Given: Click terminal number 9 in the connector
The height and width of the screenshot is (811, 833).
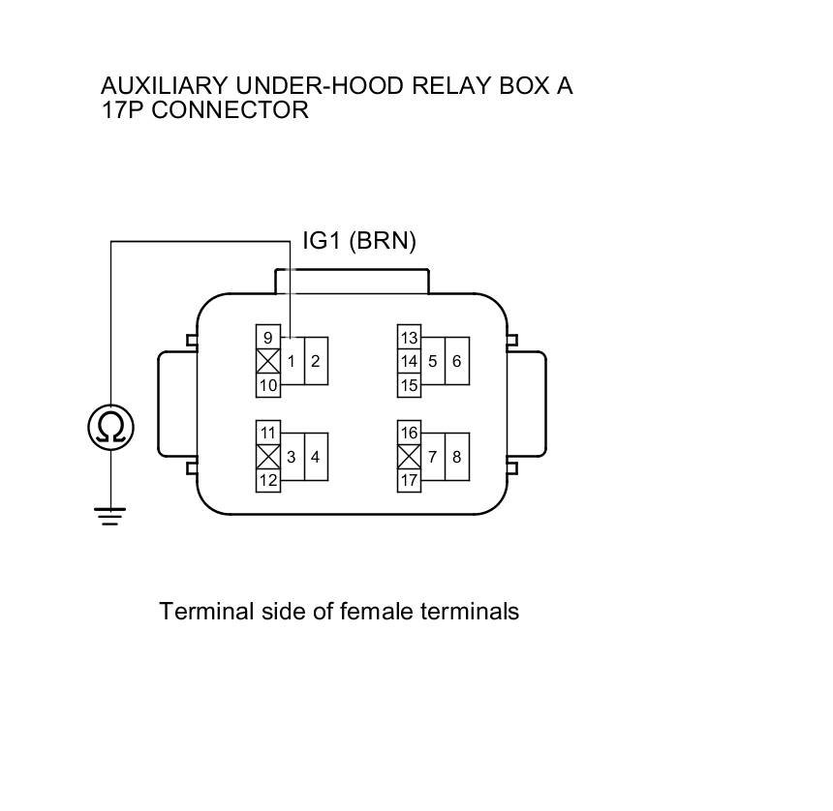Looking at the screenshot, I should [x=267, y=338].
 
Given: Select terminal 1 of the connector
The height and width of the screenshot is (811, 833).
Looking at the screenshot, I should [x=292, y=362].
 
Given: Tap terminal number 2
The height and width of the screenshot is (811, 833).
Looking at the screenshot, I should [x=316, y=362].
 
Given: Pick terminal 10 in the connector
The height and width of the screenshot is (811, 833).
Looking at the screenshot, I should [x=268, y=385].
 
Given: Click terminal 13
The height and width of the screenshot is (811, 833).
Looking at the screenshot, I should [x=409, y=338].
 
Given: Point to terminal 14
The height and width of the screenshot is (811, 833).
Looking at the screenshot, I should [x=409, y=362].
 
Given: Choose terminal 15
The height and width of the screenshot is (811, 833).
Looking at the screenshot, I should [x=409, y=385].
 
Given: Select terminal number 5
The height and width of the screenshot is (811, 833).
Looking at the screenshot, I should [x=433, y=362].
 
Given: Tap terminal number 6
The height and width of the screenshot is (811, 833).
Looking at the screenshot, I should [x=457, y=362].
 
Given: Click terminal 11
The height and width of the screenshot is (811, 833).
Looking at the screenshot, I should [x=268, y=433].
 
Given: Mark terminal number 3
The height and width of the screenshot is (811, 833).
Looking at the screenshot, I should [x=292, y=457].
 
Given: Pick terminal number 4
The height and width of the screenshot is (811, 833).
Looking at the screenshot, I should [x=316, y=457].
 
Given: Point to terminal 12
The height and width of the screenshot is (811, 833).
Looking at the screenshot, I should [x=268, y=480].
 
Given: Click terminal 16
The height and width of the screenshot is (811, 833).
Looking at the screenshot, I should [x=409, y=433].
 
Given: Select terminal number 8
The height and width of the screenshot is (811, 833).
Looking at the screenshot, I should [x=457, y=457].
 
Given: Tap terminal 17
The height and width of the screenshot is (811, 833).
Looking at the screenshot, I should [x=409, y=480].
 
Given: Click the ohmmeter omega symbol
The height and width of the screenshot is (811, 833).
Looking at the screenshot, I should [x=110, y=427].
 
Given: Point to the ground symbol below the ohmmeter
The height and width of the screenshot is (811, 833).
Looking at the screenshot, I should [x=110, y=516].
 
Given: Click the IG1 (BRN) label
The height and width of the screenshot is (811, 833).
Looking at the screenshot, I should [x=359, y=241].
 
